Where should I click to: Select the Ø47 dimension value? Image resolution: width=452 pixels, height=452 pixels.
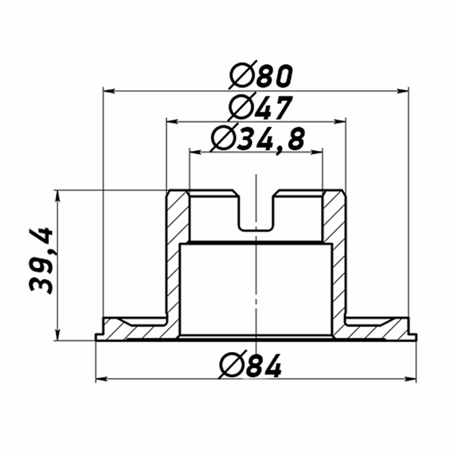coord(260,107)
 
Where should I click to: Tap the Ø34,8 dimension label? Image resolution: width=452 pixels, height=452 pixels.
coord(258,140)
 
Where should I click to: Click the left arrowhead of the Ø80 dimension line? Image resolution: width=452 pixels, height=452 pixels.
coord(109,91)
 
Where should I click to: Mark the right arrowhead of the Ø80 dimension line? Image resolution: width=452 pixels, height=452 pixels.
coord(402,91)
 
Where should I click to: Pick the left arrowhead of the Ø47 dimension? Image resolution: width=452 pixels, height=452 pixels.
coord(172,122)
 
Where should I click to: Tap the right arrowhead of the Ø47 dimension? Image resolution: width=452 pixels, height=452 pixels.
coord(340,122)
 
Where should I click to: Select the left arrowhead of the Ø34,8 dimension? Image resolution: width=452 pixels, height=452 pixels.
coord(195,153)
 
